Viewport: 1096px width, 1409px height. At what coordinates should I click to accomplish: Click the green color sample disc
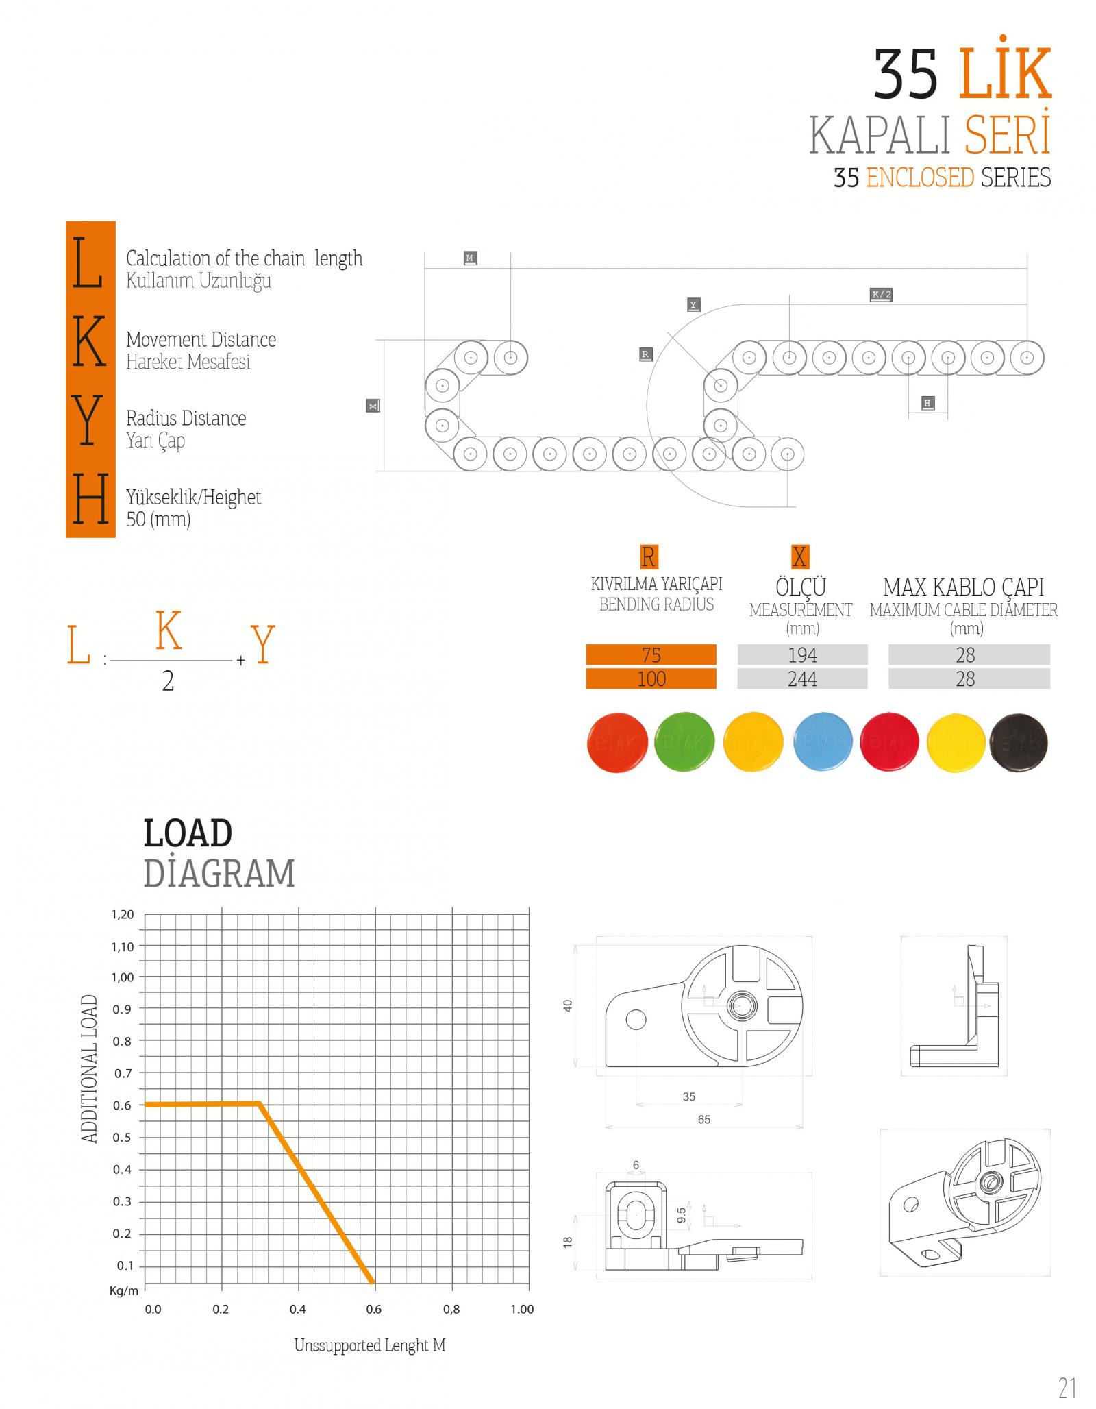684,742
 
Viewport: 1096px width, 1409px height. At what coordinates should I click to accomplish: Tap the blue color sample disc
823,742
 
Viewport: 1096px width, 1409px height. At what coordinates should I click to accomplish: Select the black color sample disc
1018,742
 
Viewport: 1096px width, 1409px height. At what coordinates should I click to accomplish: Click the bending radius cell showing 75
651,654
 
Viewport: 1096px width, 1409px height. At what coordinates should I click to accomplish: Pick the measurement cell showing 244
802,678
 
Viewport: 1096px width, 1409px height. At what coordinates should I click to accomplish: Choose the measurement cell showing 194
802,654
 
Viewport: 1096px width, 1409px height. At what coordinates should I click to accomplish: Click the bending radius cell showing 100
651,678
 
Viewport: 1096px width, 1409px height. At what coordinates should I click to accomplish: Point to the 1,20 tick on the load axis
123,915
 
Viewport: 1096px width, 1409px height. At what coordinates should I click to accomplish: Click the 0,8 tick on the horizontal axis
451,1309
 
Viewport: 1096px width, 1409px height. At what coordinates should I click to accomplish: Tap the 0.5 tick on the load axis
123,1138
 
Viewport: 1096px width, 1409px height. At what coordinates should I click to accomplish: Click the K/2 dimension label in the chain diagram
881,295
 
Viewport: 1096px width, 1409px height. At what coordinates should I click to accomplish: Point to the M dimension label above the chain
470,258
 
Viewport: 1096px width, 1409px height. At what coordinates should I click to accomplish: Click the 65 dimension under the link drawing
704,1119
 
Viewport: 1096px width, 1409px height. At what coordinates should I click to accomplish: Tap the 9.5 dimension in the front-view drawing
682,1215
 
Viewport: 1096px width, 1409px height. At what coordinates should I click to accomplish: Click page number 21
1067,1383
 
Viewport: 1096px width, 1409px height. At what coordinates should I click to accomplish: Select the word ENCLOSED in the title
920,177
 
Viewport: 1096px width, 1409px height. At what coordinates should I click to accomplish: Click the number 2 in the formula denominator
168,681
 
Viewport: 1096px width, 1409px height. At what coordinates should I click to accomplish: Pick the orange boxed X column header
799,556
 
